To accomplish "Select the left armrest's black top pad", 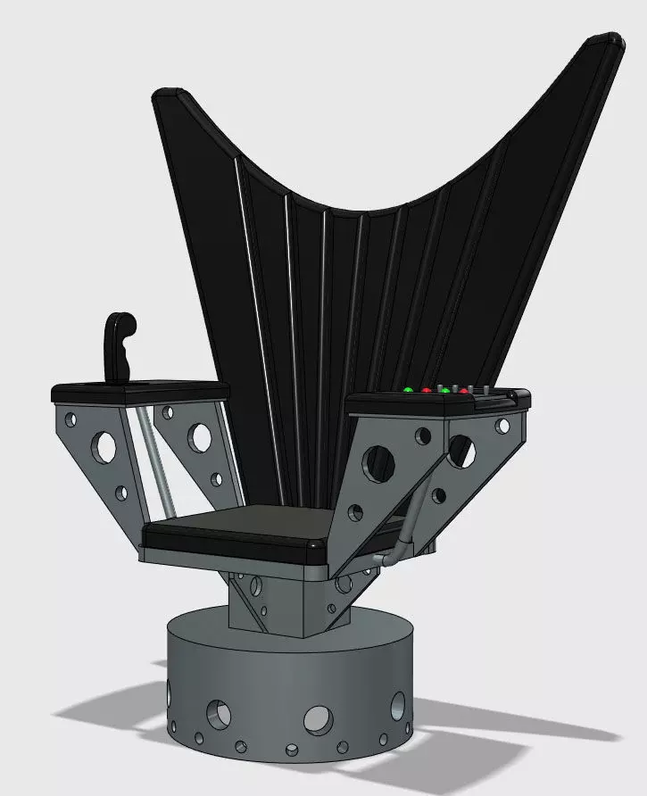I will tap(143, 390).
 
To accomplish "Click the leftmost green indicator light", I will tap(408, 390).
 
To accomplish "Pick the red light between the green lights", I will tap(426, 391).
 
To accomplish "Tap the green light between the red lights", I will tap(444, 391).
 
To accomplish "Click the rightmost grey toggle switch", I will tap(486, 390).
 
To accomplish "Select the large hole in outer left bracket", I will tap(106, 445).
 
